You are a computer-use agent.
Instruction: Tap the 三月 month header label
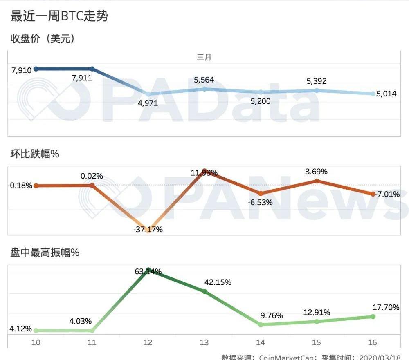(x=204, y=57)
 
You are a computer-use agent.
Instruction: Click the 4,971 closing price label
(x=148, y=103)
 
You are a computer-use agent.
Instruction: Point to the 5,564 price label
(x=204, y=80)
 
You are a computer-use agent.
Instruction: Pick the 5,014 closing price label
(x=386, y=94)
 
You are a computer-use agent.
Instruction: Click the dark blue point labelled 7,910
(x=36, y=69)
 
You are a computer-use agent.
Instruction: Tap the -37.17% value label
(x=148, y=229)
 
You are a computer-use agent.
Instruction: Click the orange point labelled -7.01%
(x=373, y=194)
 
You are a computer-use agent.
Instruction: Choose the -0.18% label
(x=20, y=186)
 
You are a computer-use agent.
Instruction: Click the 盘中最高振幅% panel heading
(x=45, y=253)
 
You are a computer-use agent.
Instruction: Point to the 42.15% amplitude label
(x=218, y=282)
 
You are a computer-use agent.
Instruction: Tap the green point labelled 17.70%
(x=373, y=317)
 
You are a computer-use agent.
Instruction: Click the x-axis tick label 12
(x=148, y=342)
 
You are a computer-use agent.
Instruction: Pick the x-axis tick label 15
(x=316, y=342)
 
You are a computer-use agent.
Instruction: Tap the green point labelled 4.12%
(x=36, y=330)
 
